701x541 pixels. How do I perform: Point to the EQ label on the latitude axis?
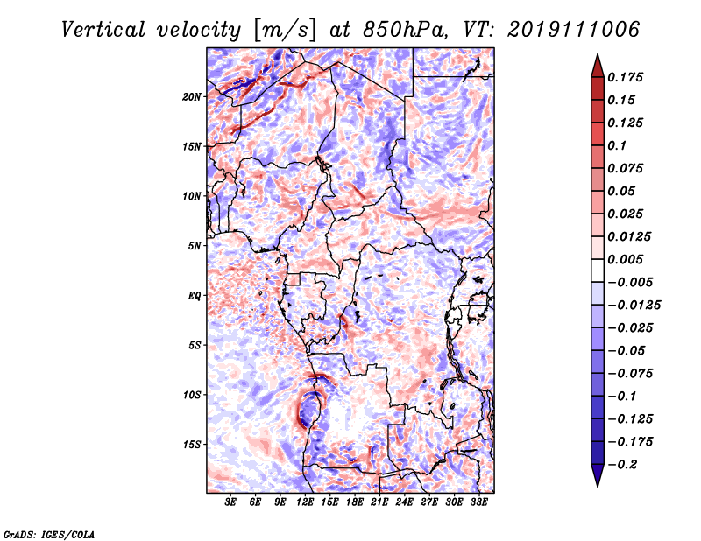[195, 296]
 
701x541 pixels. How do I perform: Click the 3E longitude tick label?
[231, 503]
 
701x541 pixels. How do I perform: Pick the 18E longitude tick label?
[355, 503]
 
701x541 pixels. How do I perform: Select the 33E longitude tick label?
[478, 503]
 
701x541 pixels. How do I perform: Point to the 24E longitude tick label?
[404, 503]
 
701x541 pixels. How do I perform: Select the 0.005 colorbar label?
[627, 260]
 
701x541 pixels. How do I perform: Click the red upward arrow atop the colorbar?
[597, 65]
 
